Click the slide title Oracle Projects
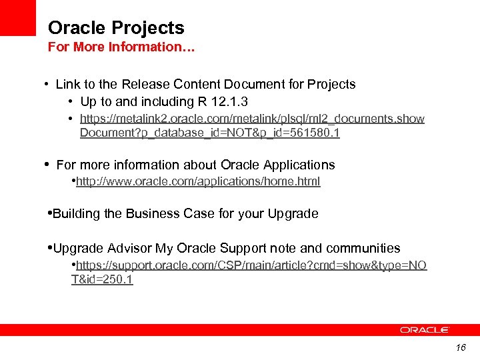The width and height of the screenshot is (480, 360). pyautogui.click(x=116, y=28)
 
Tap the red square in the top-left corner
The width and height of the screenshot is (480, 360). pyautogui.click(x=17, y=17)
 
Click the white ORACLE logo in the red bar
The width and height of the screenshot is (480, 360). pyautogui.click(x=425, y=330)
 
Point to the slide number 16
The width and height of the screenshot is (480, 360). pyautogui.click(x=461, y=348)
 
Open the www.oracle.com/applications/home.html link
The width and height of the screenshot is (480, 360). pyautogui.click(x=198, y=181)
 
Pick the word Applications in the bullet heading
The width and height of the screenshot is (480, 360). pyautogui.click(x=298, y=165)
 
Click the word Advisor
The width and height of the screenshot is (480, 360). pyautogui.click(x=129, y=249)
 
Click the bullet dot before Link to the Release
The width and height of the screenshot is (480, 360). pyautogui.click(x=45, y=85)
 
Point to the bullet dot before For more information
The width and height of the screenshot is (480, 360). pyautogui.click(x=46, y=164)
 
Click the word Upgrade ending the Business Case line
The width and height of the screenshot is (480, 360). pyautogui.click(x=293, y=214)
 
